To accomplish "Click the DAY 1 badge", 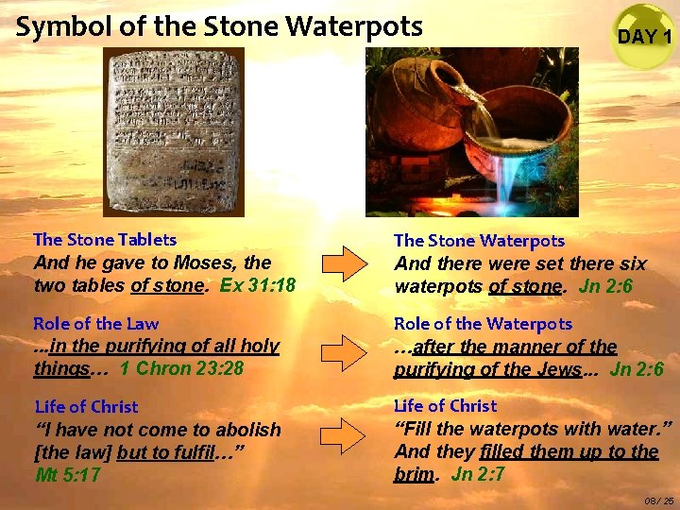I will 644,36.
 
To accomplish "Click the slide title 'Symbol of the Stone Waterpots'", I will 219,26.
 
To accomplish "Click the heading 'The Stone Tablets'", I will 104,240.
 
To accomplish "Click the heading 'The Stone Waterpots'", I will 479,241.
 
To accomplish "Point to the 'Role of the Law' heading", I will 95,324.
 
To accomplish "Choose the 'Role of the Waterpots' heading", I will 483,324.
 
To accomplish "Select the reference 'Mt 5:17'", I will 68,475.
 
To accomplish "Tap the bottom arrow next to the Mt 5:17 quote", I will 341,435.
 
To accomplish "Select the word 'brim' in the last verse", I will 415,475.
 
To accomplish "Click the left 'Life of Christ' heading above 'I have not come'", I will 86,407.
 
